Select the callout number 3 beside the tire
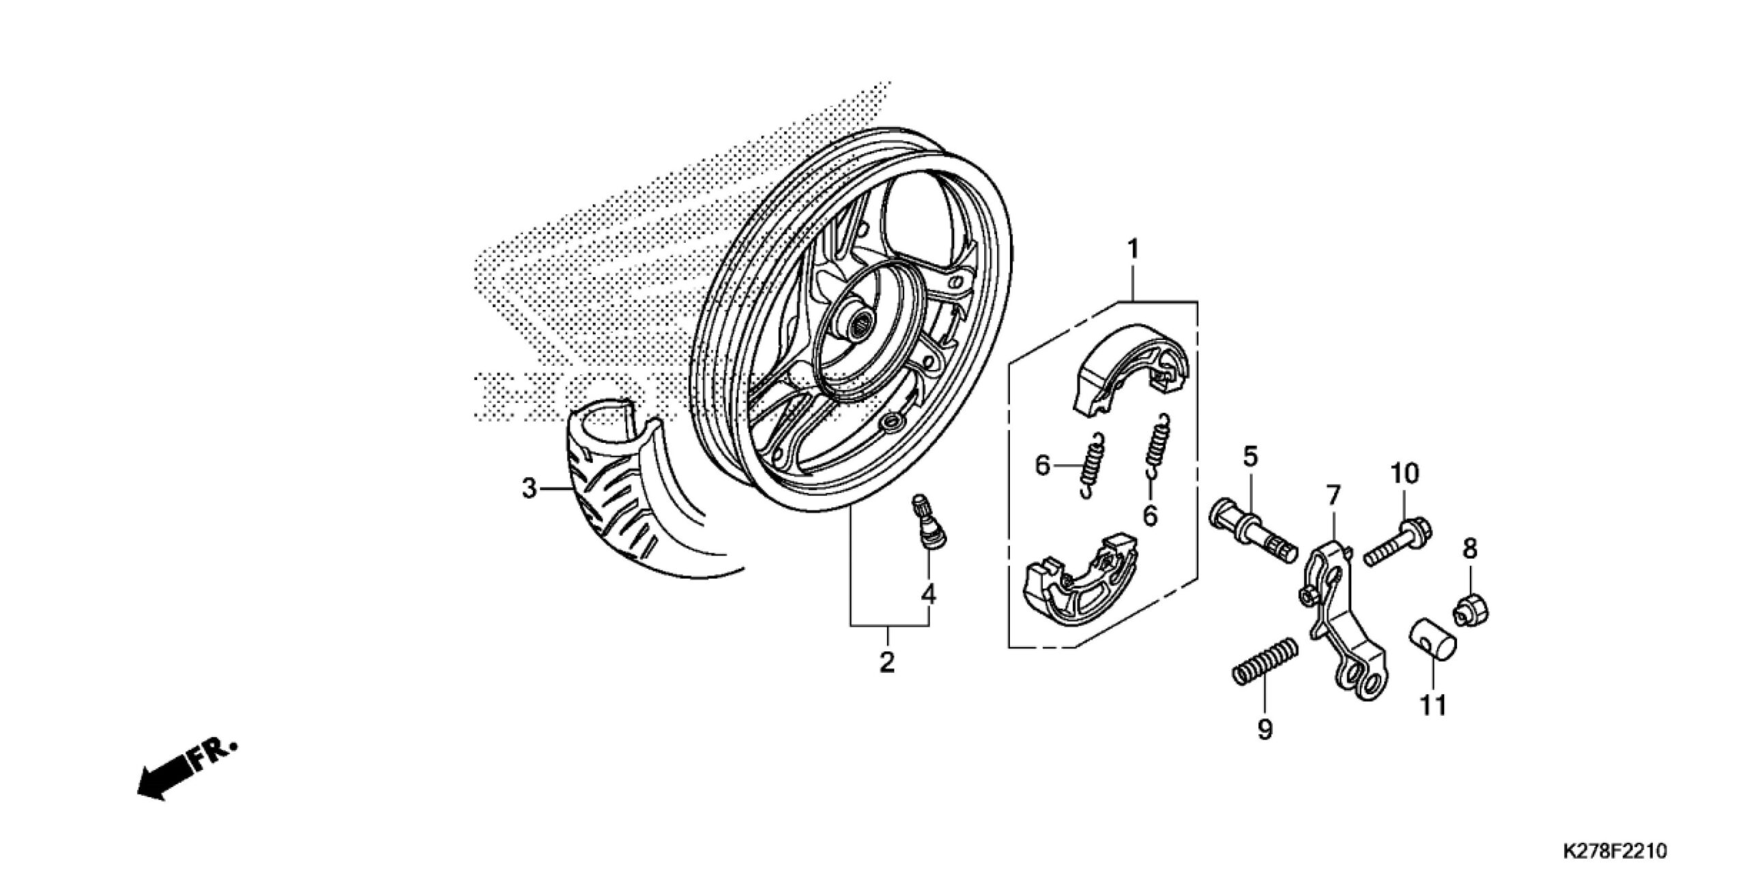530,489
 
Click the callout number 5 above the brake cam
1250,457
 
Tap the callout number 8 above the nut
1469,549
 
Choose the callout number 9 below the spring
1265,730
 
